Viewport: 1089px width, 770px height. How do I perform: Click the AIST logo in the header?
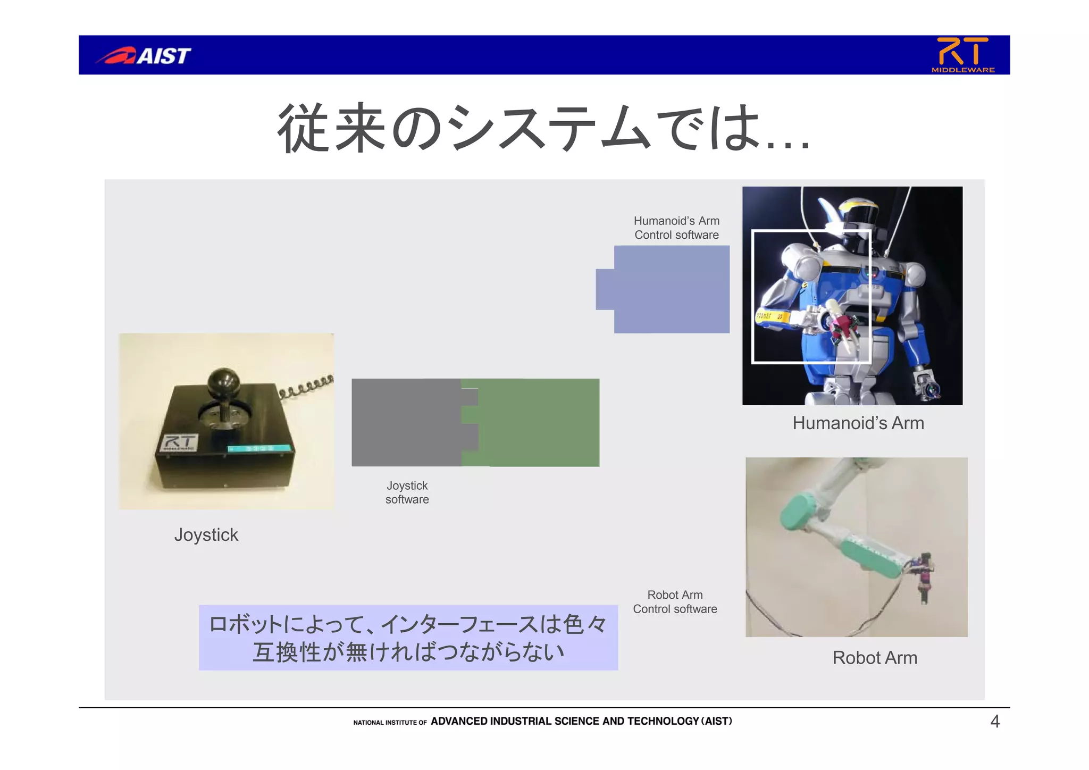(x=144, y=55)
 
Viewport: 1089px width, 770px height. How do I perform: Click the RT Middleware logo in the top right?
(x=962, y=54)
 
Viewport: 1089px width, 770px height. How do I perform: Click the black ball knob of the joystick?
(x=223, y=382)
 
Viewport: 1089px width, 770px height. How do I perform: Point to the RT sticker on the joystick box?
(x=180, y=442)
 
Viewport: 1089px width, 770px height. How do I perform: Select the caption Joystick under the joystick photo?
(x=206, y=534)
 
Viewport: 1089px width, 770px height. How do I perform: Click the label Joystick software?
(x=407, y=492)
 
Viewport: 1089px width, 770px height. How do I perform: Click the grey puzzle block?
(x=407, y=422)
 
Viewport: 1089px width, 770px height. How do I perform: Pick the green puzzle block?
(x=537, y=422)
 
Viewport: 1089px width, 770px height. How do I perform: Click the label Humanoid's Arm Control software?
(x=676, y=228)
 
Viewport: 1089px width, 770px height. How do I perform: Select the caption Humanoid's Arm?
(x=858, y=423)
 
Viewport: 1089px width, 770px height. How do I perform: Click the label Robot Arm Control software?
(x=675, y=601)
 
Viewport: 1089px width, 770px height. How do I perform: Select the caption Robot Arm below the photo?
(x=875, y=658)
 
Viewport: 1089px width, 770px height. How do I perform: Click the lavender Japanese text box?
(x=408, y=638)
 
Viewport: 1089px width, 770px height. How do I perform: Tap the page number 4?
(x=995, y=722)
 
